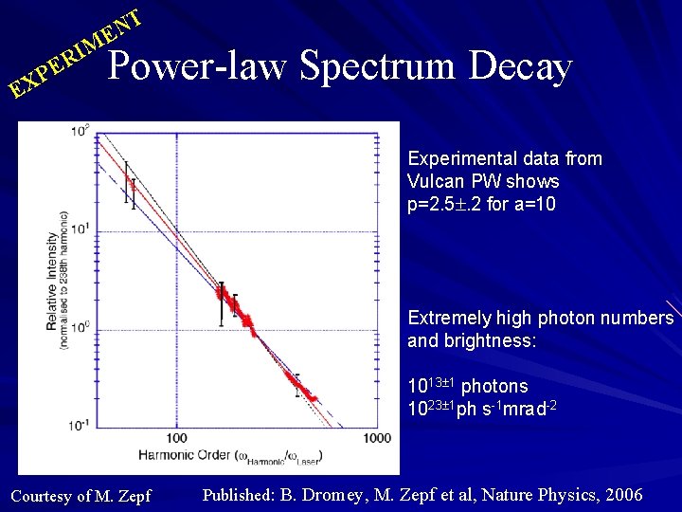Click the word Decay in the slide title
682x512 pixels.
(520, 66)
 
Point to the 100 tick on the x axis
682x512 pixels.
(177, 437)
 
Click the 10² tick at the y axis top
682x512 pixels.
(82, 129)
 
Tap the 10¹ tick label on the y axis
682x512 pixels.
(82, 229)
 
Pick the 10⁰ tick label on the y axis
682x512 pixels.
(82, 327)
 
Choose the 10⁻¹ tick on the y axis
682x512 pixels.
(81, 426)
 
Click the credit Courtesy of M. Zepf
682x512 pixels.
(80, 496)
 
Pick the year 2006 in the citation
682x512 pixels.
(622, 495)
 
